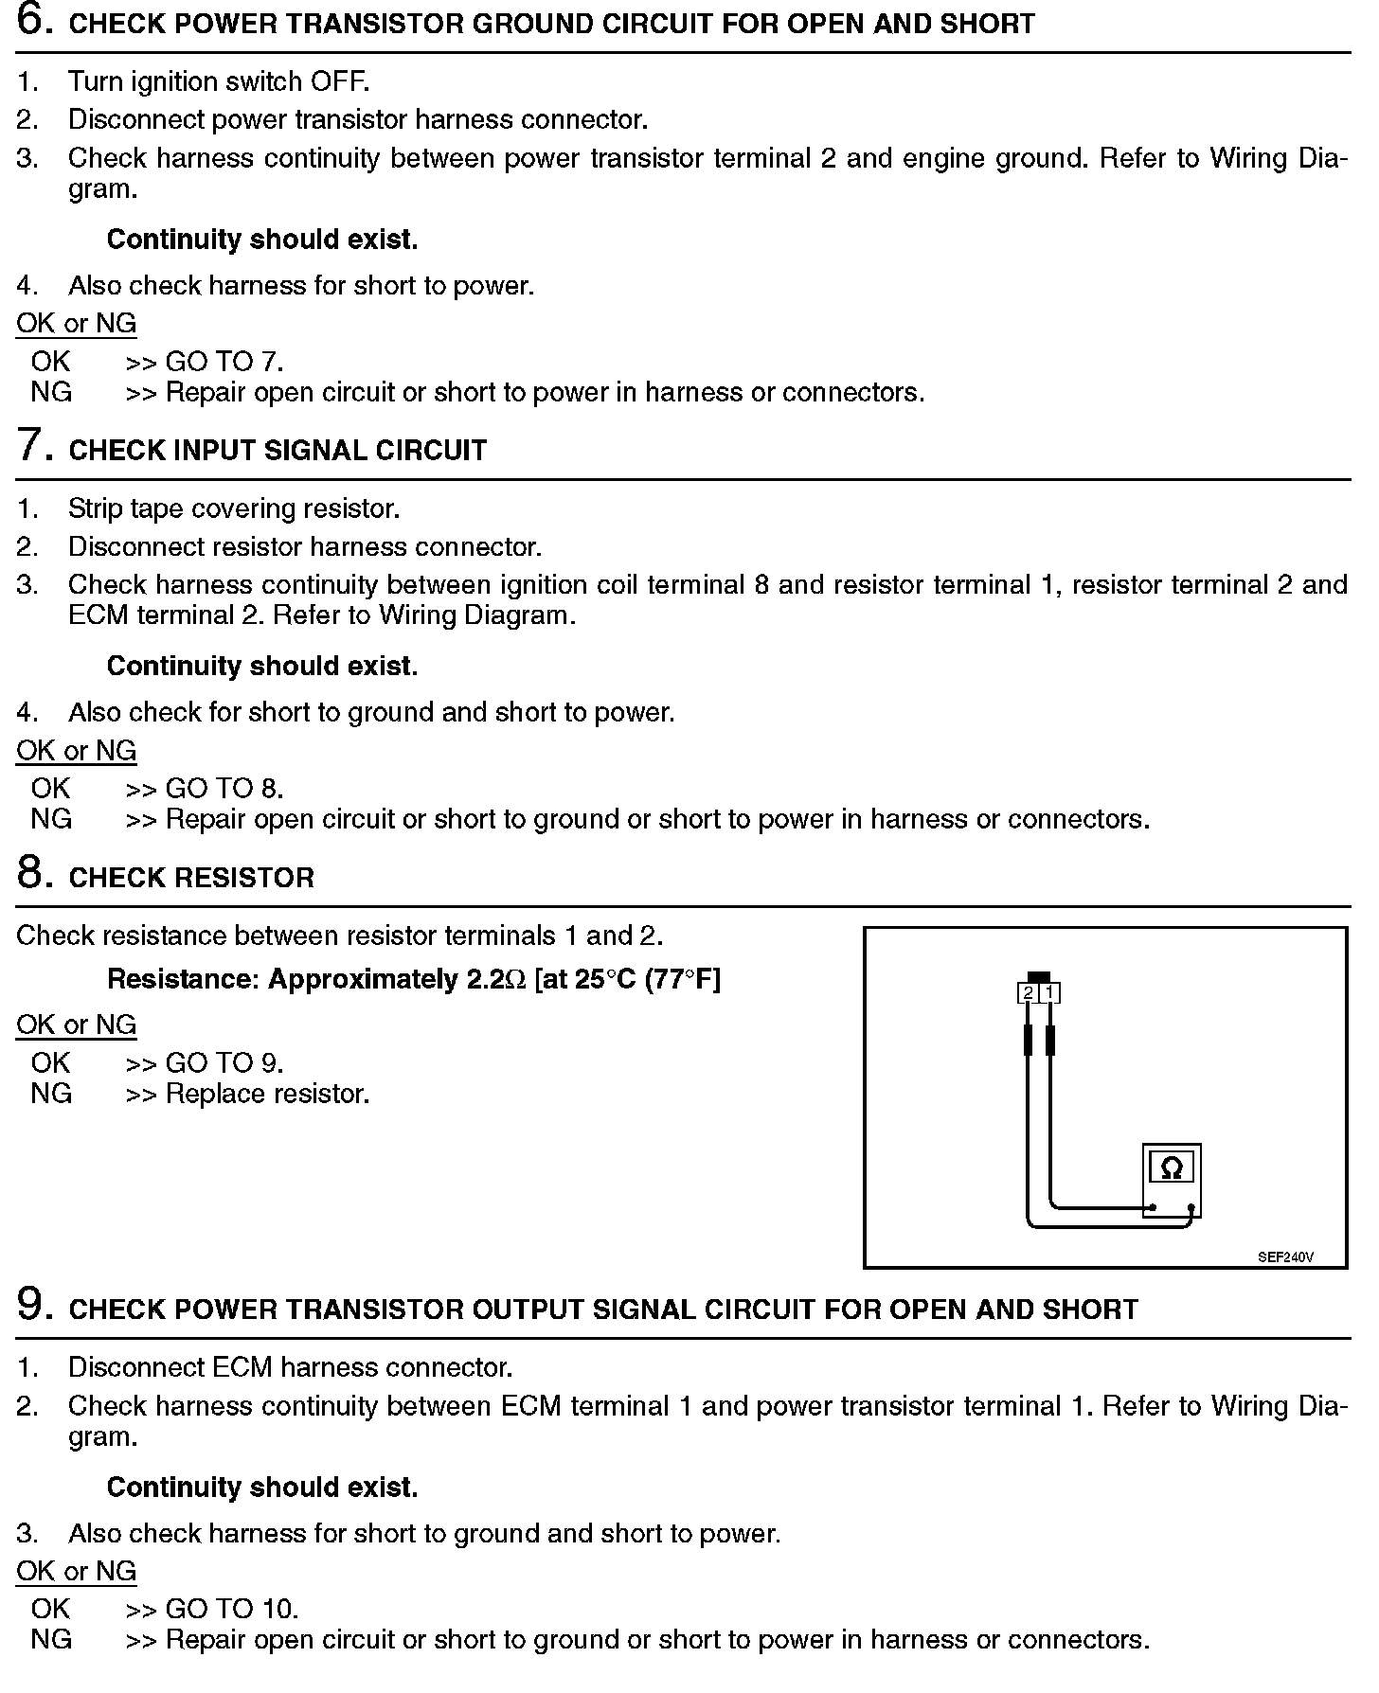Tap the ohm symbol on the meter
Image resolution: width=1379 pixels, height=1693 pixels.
[x=1172, y=1168]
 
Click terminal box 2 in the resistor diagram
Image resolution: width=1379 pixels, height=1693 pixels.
[x=1028, y=993]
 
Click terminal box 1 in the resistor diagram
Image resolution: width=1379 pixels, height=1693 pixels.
[x=1049, y=993]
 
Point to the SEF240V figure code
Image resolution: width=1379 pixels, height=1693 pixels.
[x=1285, y=1257]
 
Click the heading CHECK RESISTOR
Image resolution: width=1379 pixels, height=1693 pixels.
[x=191, y=878]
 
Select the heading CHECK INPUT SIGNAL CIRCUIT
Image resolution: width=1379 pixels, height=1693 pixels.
[x=278, y=451]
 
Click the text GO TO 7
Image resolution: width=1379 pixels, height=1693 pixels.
[x=224, y=362]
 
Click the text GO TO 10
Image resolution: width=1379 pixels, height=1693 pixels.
[x=232, y=1609]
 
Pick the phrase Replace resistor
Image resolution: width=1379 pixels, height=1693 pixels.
[x=267, y=1094]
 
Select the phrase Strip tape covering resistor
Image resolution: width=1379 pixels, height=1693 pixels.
[x=234, y=508]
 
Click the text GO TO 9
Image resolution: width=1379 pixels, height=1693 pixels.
[x=224, y=1063]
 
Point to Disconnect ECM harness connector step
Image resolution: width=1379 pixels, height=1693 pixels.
[x=290, y=1367]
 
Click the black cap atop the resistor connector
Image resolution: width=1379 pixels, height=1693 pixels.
[x=1039, y=976]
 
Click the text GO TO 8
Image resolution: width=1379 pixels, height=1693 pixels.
[x=224, y=789]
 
